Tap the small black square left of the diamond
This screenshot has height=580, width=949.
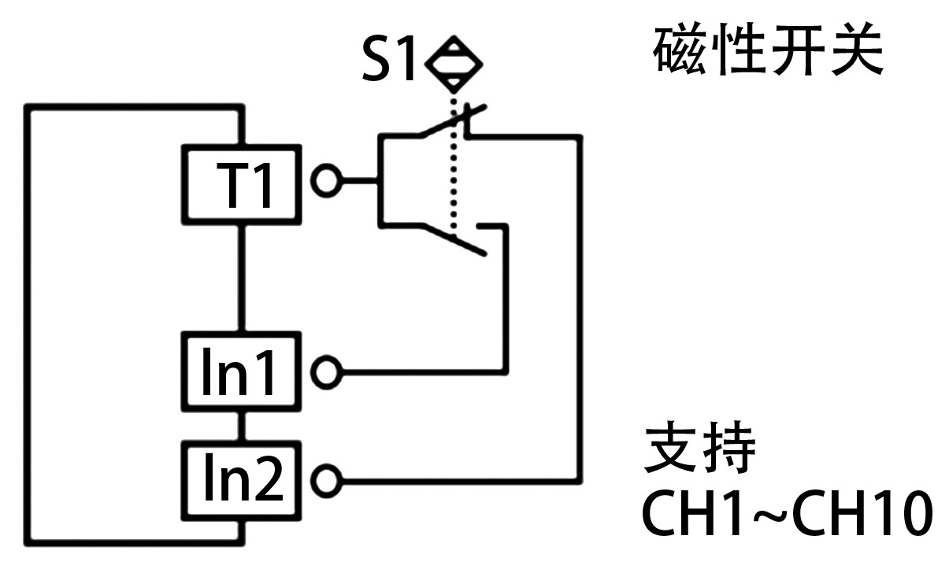[387, 57]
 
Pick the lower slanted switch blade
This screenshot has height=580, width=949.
[457, 240]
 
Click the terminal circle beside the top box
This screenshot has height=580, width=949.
[325, 181]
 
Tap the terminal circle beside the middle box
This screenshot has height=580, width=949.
[326, 371]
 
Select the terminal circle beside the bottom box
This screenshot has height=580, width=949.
[326, 479]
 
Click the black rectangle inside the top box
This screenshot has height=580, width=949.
[243, 185]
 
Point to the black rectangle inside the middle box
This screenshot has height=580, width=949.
[238, 371]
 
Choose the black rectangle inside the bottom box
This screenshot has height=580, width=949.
[244, 476]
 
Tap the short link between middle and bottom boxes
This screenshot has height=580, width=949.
[242, 426]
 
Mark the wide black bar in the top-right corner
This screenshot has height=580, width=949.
[768, 49]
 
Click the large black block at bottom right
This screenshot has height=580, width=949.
[753, 478]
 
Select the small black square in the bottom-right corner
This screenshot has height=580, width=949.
[903, 513]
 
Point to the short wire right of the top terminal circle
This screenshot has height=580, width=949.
[361, 181]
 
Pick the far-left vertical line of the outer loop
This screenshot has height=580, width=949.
[29, 323]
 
